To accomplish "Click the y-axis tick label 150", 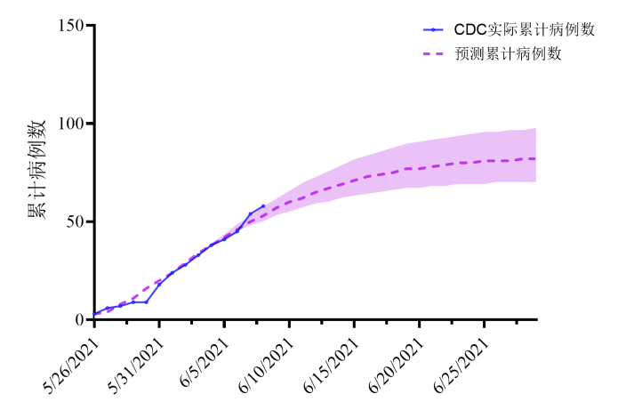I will [71, 26].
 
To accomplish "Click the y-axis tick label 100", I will [71, 124].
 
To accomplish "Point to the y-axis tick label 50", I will [75, 221].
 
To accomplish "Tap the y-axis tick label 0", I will [79, 319].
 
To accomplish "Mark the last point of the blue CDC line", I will [263, 206].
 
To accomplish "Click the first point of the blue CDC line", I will [94, 314].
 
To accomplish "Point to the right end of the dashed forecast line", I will [535, 158].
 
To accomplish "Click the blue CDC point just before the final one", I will [250, 213].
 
